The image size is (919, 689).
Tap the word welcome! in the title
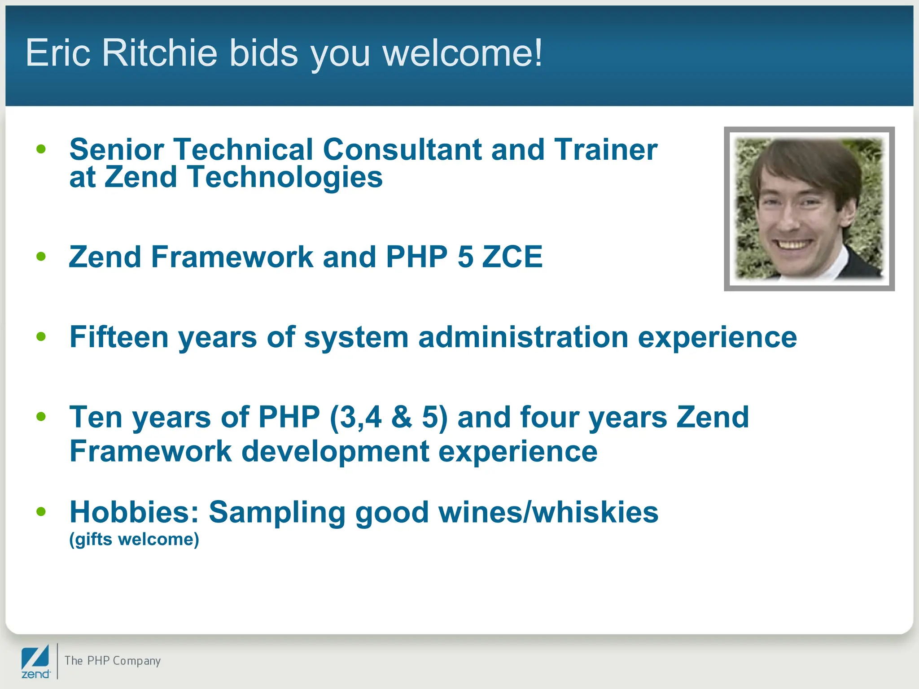coord(463,53)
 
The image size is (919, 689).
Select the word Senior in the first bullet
coord(117,149)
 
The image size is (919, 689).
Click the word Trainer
coord(606,149)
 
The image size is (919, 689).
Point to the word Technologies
coord(285,177)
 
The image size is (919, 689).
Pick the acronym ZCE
coord(512,257)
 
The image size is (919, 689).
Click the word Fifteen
coord(119,337)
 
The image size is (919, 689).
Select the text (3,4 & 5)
coord(389,417)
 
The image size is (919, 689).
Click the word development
coord(335,451)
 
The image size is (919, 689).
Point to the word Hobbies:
coord(134,512)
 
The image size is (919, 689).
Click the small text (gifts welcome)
coord(134,539)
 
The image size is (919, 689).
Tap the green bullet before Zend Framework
coord(41,257)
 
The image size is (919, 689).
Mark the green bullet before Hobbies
coord(41,511)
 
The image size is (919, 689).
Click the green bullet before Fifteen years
coord(41,336)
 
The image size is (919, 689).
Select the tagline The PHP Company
coord(113,661)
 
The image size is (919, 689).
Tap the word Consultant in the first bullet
coord(402,149)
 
